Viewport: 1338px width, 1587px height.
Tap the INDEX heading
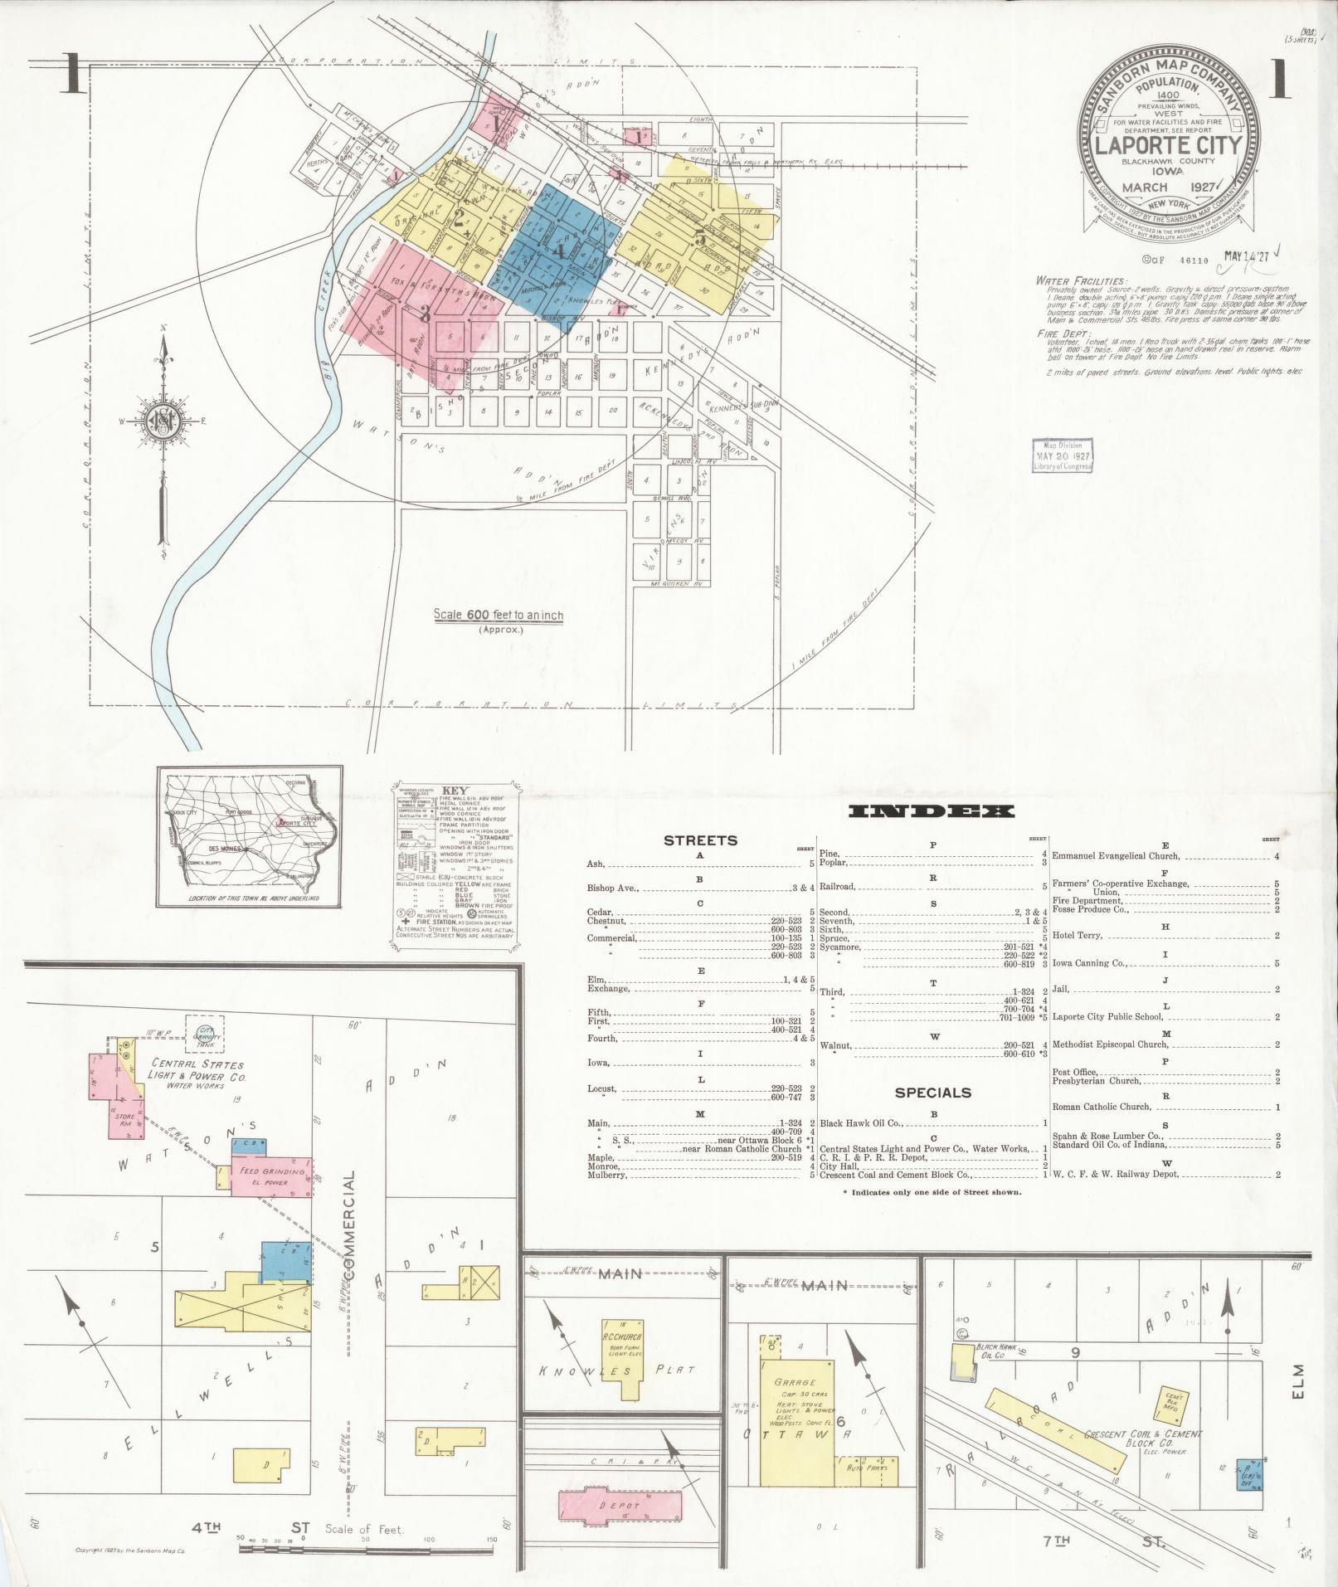tap(932, 811)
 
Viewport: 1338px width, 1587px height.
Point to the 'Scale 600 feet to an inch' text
tap(499, 616)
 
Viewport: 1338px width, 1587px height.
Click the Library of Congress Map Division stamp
tap(1063, 455)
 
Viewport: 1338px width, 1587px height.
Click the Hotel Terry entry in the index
tap(1077, 935)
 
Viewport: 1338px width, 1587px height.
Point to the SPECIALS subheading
tap(932, 1093)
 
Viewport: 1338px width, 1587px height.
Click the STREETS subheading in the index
tap(700, 840)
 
